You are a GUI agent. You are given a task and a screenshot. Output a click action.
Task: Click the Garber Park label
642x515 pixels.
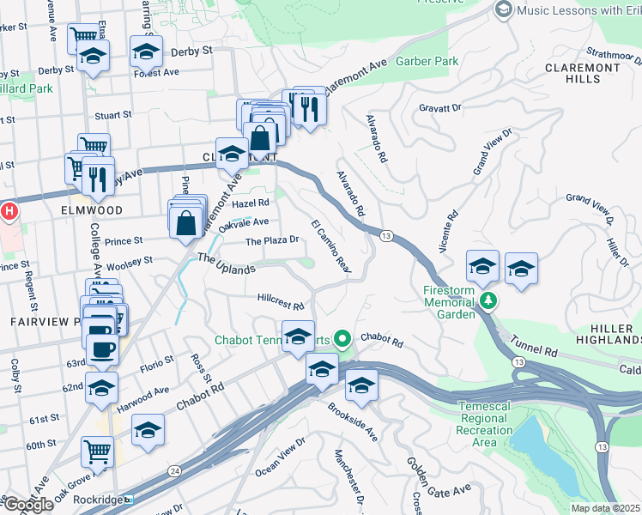point(427,61)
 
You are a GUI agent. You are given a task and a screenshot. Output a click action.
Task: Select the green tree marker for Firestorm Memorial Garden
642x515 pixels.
point(488,300)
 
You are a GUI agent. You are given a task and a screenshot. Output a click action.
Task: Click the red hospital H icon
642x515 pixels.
point(9,210)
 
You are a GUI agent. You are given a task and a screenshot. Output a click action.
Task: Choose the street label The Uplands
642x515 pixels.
point(227,264)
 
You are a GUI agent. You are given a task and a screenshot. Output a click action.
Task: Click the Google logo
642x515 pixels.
point(27,505)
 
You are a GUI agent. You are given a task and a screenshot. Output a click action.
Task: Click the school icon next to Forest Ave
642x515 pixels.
point(147,52)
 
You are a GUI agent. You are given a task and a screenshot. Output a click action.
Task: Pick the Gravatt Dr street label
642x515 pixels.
point(439,108)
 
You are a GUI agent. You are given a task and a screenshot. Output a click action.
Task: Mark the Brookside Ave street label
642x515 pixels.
point(352,421)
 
